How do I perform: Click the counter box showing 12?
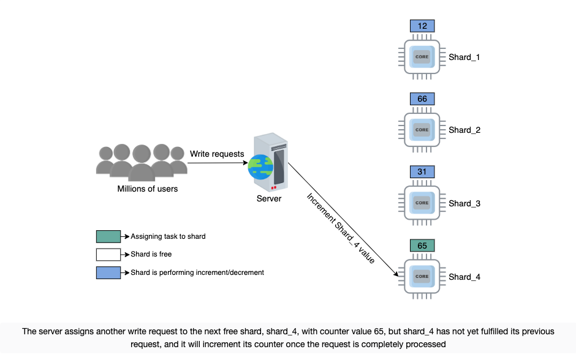[422, 26]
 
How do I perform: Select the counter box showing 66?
[422, 99]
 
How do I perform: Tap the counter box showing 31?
[422, 172]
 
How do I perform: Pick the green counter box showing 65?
[422, 246]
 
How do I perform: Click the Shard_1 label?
[464, 58]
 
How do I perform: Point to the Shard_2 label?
[464, 130]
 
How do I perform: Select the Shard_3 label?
[464, 204]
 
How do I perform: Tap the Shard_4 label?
[464, 277]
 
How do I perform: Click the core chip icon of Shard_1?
[422, 57]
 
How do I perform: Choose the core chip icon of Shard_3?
[422, 203]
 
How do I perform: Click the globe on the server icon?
[260, 167]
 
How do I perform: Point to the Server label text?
[269, 198]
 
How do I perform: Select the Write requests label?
[217, 154]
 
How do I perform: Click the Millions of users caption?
[147, 189]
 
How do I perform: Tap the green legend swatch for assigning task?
[108, 237]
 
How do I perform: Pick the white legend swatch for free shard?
[108, 255]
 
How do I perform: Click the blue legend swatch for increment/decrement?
[108, 272]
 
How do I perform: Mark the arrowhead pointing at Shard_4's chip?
[396, 274]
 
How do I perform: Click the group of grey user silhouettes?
[142, 162]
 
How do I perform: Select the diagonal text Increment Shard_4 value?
[341, 228]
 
